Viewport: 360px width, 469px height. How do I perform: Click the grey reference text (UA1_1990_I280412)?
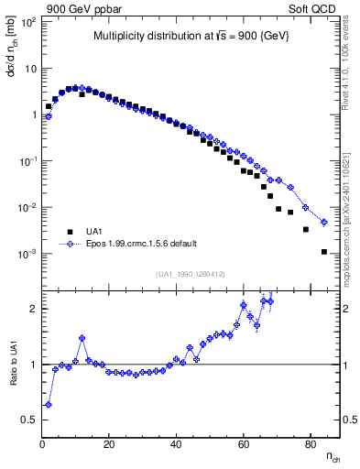click(x=190, y=273)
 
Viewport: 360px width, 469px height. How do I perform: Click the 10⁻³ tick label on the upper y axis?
click(x=28, y=254)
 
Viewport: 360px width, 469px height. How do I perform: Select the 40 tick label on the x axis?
click(x=176, y=445)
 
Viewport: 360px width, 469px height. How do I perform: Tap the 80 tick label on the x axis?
click(x=310, y=445)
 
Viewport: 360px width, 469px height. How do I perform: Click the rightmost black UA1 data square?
click(x=323, y=252)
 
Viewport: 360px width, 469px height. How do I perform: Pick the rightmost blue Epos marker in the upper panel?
click(x=323, y=223)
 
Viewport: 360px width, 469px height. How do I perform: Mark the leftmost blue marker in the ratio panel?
click(x=48, y=404)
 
